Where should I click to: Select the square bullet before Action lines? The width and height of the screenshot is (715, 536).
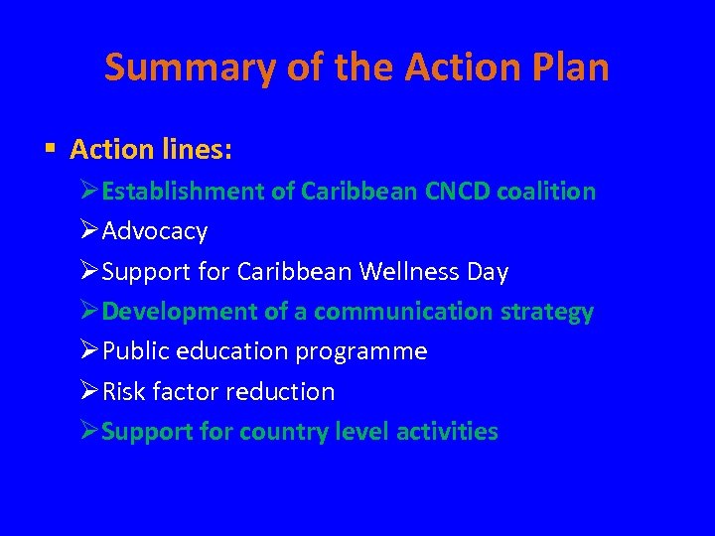point(50,150)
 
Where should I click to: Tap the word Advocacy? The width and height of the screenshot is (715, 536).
point(155,231)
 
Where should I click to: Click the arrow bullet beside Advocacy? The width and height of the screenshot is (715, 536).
point(88,231)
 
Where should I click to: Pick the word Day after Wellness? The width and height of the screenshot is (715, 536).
point(487,271)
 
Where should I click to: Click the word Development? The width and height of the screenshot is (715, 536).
point(180,312)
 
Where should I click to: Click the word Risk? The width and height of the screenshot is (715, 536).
point(124,391)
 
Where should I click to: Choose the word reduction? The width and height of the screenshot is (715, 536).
point(280,391)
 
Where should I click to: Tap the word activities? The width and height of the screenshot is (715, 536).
point(447,432)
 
